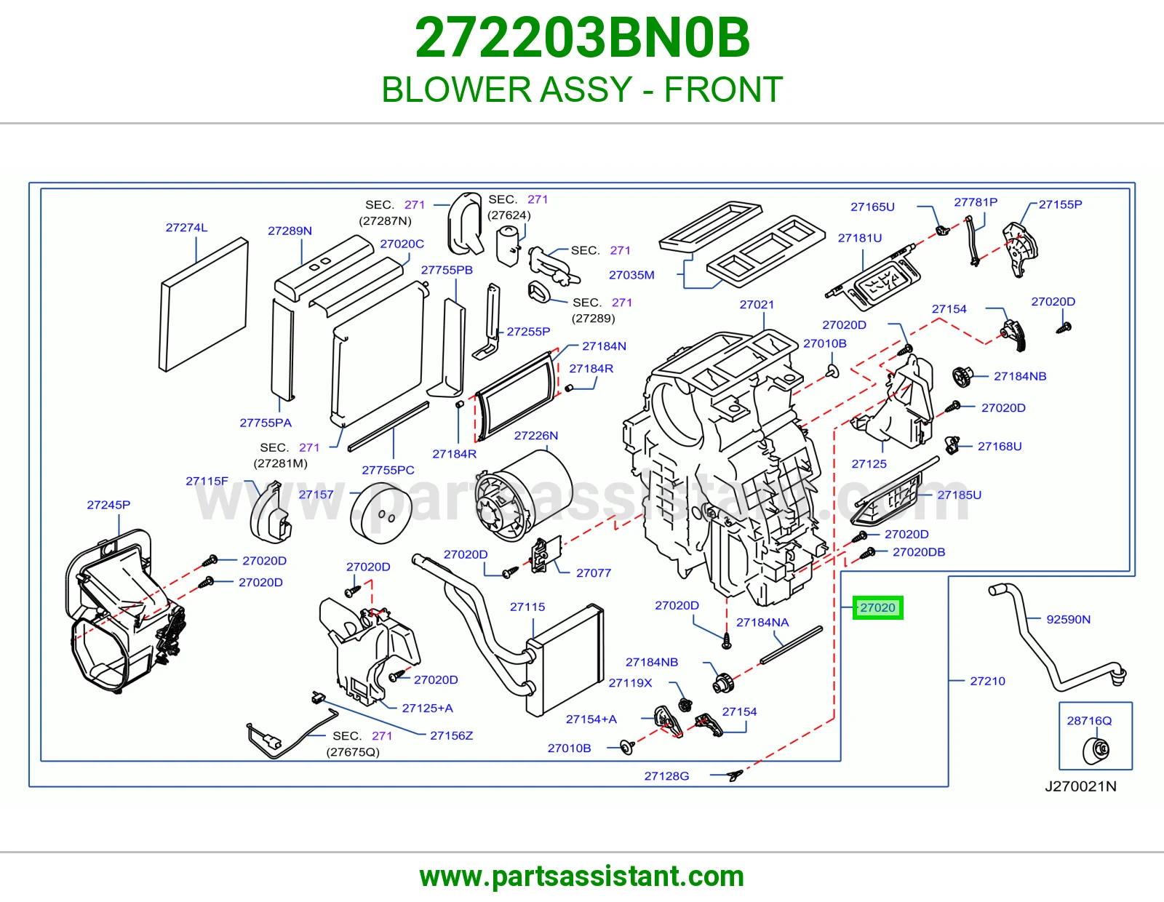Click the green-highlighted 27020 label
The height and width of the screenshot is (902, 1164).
click(877, 607)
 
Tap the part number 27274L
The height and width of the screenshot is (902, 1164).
click(186, 228)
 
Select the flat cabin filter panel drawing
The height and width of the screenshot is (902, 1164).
click(204, 304)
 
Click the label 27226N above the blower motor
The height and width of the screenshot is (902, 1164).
click(535, 436)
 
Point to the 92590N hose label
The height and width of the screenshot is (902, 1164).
click(1068, 619)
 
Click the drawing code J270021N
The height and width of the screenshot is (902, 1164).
click(1080, 786)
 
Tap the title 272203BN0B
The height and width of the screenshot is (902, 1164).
click(582, 38)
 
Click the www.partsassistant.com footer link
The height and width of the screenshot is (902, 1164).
click(582, 877)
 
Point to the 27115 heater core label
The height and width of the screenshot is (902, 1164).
click(527, 607)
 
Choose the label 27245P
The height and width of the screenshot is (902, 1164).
click(108, 505)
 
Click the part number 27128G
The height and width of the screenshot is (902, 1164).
click(666, 776)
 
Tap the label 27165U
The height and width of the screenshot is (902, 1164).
click(872, 207)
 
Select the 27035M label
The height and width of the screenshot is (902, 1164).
click(631, 275)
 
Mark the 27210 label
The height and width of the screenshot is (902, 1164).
click(988, 681)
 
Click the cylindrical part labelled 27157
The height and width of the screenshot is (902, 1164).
click(381, 513)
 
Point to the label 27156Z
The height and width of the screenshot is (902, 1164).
click(452, 735)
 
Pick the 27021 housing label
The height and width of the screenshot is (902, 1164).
click(757, 304)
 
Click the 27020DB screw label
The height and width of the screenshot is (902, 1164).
click(919, 551)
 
